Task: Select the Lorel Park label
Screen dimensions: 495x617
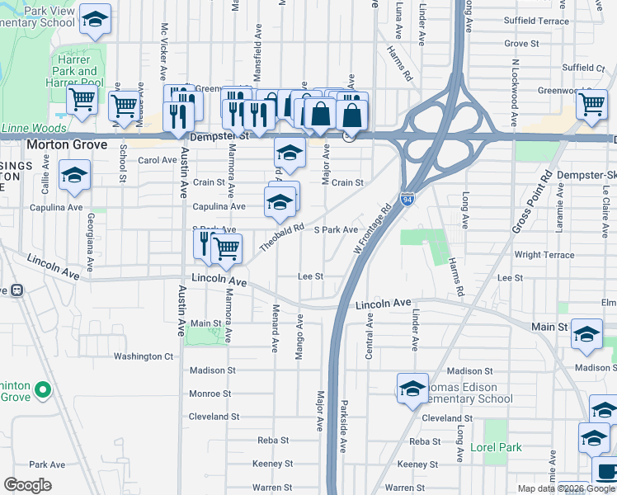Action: point(496,447)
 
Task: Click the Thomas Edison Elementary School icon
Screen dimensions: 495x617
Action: point(412,389)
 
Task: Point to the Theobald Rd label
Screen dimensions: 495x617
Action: point(282,234)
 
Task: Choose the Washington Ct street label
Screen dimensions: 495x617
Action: point(143,356)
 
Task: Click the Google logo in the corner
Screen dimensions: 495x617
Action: point(27,485)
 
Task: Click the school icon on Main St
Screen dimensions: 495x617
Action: point(586,333)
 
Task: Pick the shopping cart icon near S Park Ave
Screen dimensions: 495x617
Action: point(226,248)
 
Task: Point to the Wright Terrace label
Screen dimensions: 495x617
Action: point(544,255)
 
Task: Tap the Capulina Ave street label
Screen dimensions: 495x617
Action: point(219,206)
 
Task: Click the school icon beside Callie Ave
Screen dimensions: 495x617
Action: point(74,175)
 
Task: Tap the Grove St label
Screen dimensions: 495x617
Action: point(521,43)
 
